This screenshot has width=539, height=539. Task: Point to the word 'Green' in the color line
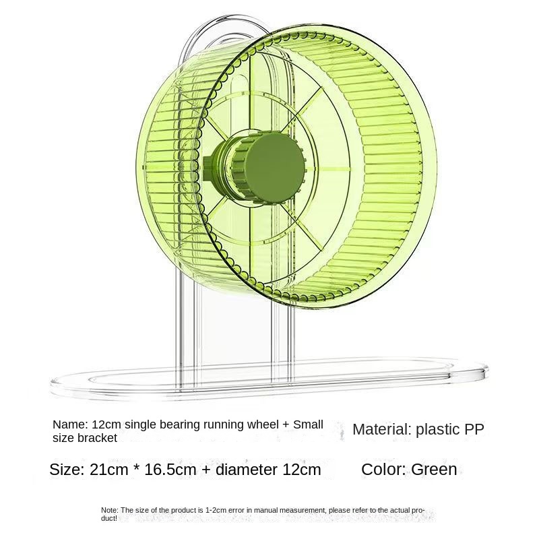[434, 469]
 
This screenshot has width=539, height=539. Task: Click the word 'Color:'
[383, 469]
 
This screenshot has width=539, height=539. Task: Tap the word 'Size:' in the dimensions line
[67, 470]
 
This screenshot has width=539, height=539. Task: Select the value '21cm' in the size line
[108, 470]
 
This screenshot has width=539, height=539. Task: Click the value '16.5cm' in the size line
[170, 470]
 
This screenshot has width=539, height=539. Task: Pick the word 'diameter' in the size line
[246, 470]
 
